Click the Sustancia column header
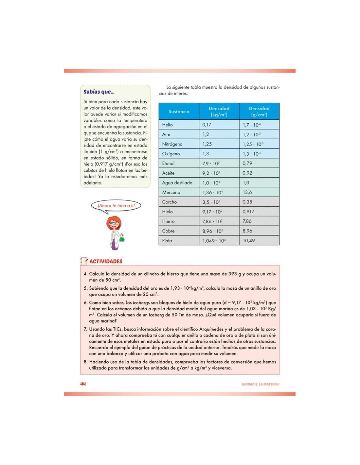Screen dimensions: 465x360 179,112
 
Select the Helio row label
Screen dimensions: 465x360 167,125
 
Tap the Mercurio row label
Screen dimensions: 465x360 171,192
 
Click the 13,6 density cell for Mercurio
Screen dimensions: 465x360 247,192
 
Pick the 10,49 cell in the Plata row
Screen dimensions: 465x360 249,241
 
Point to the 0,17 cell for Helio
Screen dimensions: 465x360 207,125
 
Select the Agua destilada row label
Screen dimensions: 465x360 177,183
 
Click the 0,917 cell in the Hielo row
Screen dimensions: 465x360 248,212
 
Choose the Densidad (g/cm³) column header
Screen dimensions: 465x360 259,112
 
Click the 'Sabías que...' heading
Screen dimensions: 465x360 99,92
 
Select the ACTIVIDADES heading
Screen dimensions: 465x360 106,261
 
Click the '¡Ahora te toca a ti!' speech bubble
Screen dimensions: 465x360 116,206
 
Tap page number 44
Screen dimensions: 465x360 83,384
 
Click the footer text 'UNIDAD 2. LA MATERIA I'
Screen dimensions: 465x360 261,384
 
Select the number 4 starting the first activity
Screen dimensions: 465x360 85,274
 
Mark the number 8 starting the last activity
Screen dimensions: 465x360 85,362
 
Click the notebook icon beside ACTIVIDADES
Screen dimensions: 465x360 84,261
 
